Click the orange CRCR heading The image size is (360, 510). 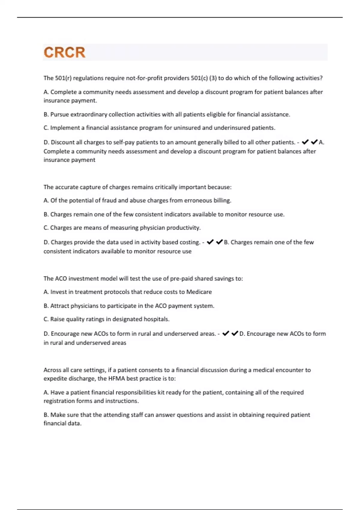click(64, 52)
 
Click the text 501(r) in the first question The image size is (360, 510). click(63, 78)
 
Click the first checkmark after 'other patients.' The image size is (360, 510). click(305, 142)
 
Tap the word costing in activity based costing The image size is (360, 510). click(189, 242)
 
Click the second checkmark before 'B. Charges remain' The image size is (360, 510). click(219, 242)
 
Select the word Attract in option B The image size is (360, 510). click(59, 306)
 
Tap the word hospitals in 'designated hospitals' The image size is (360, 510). click(156, 319)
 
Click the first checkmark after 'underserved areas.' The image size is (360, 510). click(226, 333)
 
